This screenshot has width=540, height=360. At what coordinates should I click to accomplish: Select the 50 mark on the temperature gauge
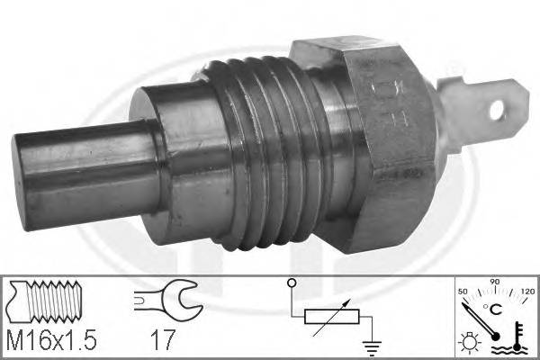[464, 292]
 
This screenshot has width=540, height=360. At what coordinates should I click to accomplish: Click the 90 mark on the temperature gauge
[493, 283]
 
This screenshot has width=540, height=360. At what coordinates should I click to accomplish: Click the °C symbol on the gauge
[495, 309]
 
